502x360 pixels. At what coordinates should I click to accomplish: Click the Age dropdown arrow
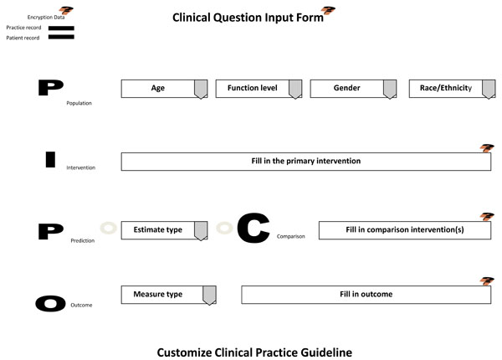pos(201,89)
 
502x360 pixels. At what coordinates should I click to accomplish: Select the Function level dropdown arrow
pos(295,89)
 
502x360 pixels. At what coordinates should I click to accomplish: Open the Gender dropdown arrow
pos(390,89)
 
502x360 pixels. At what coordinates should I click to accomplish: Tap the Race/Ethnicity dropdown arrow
pos(489,89)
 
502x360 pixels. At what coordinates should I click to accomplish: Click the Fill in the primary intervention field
pos(305,162)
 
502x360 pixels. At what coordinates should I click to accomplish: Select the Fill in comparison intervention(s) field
pos(405,230)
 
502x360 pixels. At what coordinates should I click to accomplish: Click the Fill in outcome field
pos(366,295)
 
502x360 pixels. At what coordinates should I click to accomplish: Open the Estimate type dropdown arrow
pos(201,230)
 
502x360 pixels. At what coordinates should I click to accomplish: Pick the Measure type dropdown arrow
pos(209,296)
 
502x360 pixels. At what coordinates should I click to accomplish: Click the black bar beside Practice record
pos(61,28)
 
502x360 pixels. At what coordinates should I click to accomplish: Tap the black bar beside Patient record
pos(61,37)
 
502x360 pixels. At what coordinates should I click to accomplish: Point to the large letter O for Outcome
pos(50,303)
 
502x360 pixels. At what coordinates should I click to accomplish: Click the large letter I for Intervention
pos(50,159)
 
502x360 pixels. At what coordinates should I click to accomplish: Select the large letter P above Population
pos(50,87)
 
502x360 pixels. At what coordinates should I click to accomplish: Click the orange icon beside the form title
pos(329,11)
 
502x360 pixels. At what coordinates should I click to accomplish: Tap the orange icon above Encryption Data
pos(66,11)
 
